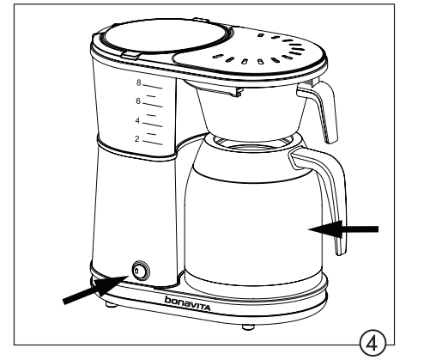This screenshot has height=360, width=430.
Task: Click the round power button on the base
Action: [x=140, y=272]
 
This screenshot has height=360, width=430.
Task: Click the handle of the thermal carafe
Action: [x=333, y=206]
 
